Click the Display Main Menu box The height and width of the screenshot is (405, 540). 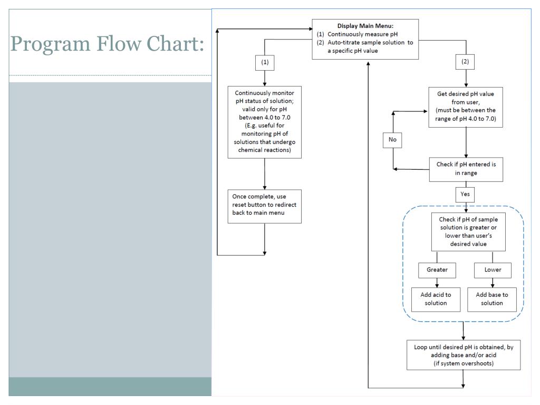[365, 39]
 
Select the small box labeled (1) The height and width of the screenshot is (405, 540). [265, 62]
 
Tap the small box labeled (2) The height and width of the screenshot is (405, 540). [465, 62]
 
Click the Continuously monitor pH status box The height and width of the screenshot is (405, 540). [264, 122]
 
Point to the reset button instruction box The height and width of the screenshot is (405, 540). [264, 206]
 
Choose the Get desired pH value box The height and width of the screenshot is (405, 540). [466, 107]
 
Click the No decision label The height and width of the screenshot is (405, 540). [392, 140]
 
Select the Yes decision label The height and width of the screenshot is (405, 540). [465, 194]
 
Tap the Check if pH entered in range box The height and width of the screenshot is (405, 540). [466, 169]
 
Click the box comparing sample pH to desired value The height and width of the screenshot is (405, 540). [468, 232]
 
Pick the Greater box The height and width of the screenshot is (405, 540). [437, 270]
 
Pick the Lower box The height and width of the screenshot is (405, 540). [493, 270]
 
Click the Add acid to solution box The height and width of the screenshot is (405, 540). [436, 299]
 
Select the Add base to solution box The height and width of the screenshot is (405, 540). [492, 299]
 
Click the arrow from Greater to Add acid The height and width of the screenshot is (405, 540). [437, 282]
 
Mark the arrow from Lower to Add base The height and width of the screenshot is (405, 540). [493, 282]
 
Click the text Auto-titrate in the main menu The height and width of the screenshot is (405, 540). [348, 43]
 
